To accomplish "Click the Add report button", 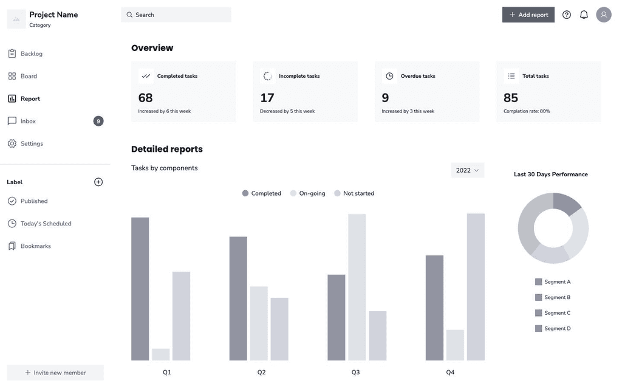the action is point(528,15).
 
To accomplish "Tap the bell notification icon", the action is point(584,15).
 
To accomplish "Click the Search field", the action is point(176,15).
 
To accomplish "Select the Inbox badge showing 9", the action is point(98,121).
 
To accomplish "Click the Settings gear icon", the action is point(12,143).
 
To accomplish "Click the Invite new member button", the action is point(55,373).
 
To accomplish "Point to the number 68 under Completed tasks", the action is point(145,98).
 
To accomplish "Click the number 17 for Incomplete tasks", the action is point(267,98).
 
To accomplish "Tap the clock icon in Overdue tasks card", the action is point(389,76).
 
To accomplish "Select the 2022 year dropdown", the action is point(467,170).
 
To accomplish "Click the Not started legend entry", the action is point(354,193).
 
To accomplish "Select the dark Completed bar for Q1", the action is point(140,289).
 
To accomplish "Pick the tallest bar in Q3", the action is point(357,287).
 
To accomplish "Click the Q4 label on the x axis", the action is point(450,373).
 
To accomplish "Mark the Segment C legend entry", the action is point(553,313).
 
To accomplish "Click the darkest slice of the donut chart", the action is point(566,202).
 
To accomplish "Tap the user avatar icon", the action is point(604,15).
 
